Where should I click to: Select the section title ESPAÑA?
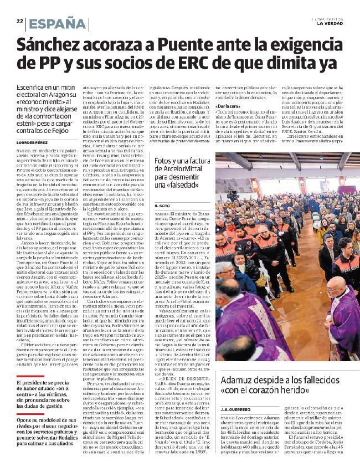[x=59, y=23]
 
